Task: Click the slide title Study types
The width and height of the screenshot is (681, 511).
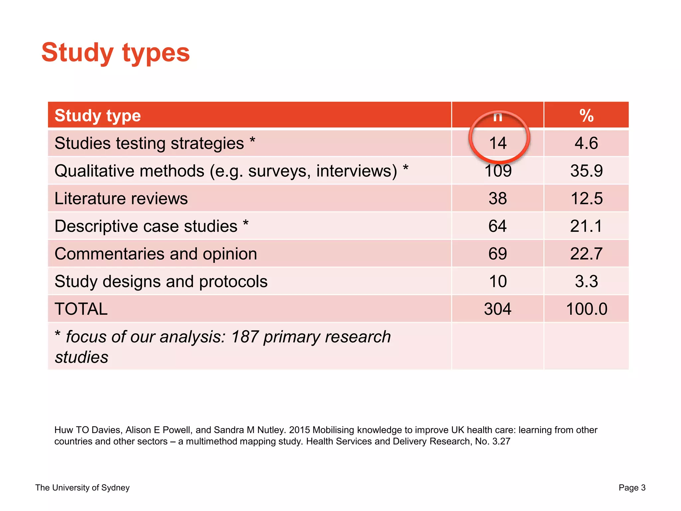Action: [115, 53]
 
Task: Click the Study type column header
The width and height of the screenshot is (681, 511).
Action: [97, 116]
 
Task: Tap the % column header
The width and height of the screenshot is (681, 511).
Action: [586, 116]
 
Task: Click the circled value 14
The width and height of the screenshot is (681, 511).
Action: [498, 143]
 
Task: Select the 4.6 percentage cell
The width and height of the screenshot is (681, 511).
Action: [586, 143]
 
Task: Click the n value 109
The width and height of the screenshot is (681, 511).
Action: [498, 171]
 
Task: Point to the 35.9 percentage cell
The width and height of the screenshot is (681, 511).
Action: [586, 171]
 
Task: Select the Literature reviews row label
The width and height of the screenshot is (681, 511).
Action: [121, 199]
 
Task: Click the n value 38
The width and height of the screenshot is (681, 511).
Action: [498, 199]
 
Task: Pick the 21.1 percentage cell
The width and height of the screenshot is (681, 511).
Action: [586, 226]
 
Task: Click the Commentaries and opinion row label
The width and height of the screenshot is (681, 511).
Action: [156, 254]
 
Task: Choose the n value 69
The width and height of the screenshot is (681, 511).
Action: [498, 254]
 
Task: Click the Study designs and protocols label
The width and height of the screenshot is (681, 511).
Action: [161, 281]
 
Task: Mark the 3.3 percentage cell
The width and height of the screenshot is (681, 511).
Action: [586, 281]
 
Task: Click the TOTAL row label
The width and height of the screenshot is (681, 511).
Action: [81, 309]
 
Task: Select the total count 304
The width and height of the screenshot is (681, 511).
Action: [498, 309]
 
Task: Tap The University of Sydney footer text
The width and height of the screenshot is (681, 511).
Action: [82, 488]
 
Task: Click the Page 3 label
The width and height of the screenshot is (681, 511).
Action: [632, 488]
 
